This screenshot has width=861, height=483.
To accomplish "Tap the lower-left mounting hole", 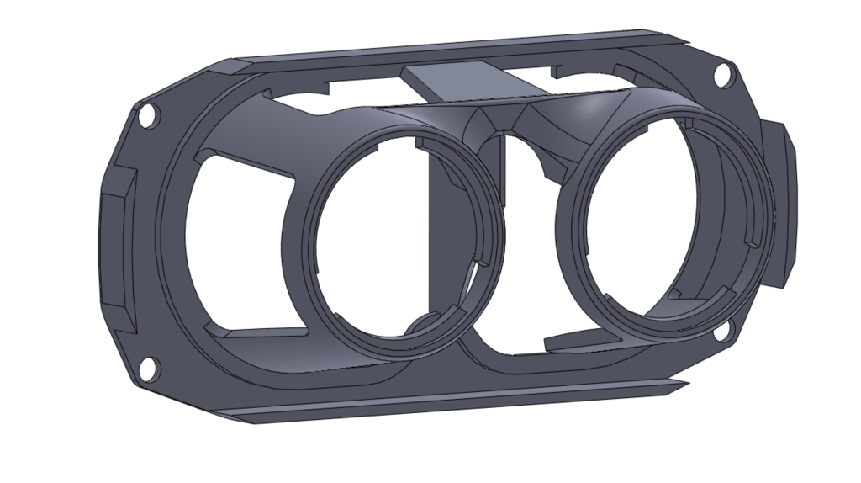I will tap(149, 366).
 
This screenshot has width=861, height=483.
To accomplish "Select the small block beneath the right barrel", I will tap(580, 338).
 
